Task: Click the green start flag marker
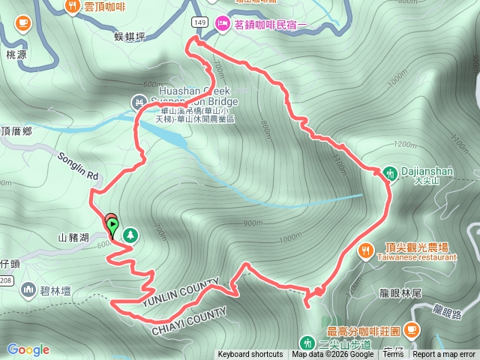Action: point(112,223)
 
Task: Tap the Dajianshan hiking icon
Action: point(390,172)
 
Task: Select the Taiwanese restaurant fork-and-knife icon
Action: point(366,249)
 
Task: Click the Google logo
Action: point(28,349)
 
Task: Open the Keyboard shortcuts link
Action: point(250,355)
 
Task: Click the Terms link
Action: point(393,355)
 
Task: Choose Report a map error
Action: point(444,355)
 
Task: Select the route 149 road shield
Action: point(199,22)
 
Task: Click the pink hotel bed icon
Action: point(223,24)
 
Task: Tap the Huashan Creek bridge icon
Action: point(138,101)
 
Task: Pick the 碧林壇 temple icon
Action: point(28,288)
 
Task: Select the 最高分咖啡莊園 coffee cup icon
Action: point(412,329)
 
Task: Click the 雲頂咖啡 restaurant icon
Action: point(73,6)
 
